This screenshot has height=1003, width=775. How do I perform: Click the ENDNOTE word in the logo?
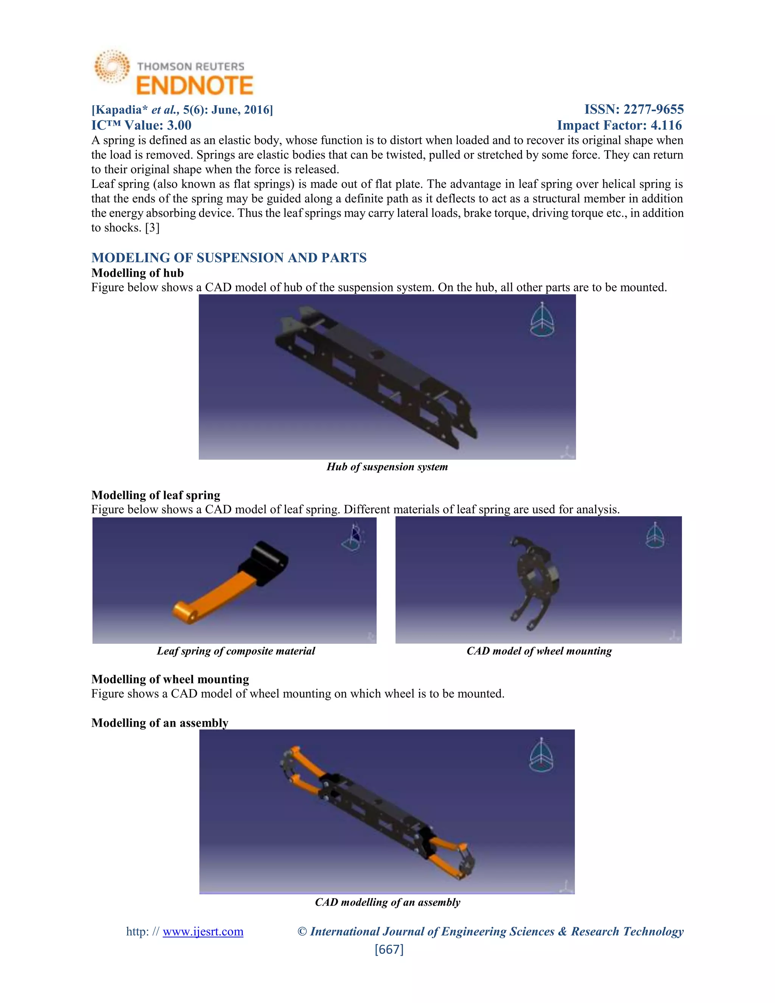pyautogui.click(x=195, y=86)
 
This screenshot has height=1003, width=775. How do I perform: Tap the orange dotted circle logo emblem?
pyautogui.click(x=112, y=67)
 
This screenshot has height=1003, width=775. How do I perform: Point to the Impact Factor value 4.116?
pyautogui.click(x=666, y=125)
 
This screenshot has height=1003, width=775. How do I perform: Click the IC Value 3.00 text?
pyautogui.click(x=142, y=125)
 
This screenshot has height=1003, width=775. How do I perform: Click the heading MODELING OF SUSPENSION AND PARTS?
pyautogui.click(x=229, y=258)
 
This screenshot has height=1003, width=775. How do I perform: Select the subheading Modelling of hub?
pyautogui.click(x=137, y=273)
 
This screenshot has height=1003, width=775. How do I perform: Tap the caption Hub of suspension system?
pyautogui.click(x=387, y=467)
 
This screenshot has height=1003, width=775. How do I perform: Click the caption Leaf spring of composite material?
pyautogui.click(x=236, y=651)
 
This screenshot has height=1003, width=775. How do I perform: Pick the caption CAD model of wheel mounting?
pyautogui.click(x=539, y=651)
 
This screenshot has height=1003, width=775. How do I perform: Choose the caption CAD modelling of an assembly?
pyautogui.click(x=387, y=902)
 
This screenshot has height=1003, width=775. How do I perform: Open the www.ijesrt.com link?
pyautogui.click(x=203, y=931)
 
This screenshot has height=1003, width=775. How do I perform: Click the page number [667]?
pyautogui.click(x=389, y=949)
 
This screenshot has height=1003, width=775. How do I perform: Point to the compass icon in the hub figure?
pyautogui.click(x=542, y=320)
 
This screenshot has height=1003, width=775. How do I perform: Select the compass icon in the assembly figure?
pyautogui.click(x=541, y=755)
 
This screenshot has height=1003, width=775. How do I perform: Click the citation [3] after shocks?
pyautogui.click(x=152, y=228)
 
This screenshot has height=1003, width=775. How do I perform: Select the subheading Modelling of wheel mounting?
pyautogui.click(x=170, y=679)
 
